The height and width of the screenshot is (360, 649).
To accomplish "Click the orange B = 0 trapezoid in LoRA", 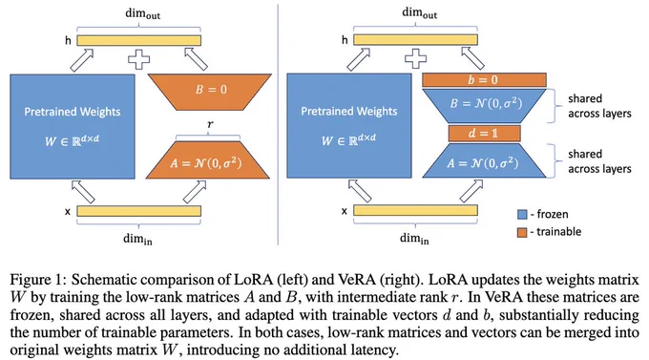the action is [210, 92].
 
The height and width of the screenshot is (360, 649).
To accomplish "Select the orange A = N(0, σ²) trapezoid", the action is [208, 160].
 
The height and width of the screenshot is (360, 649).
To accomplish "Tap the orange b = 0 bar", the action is [484, 80].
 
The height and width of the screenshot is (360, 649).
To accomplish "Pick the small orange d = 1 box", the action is [484, 134].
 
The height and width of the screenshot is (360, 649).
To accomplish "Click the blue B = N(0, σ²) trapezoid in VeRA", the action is [484, 106].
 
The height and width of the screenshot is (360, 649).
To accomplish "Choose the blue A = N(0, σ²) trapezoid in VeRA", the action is [484, 160].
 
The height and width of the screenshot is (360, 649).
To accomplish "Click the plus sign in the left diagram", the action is [138, 59].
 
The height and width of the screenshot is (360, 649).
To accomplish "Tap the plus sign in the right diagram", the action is [415, 59].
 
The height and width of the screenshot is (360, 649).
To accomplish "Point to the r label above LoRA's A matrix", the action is [210, 124].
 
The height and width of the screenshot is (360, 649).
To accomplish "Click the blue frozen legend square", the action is [522, 215].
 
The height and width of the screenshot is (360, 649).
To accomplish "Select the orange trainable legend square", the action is [522, 232].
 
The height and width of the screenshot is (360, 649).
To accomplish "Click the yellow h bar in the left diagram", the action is [138, 40].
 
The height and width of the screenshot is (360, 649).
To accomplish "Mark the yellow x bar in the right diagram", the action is [415, 210].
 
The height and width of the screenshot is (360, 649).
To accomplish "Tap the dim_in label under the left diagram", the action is [137, 240].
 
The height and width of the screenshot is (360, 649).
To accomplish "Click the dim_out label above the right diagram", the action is [419, 13].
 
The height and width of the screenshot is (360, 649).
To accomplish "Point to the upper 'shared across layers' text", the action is [599, 106].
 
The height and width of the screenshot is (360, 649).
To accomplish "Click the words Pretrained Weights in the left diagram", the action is [73, 112].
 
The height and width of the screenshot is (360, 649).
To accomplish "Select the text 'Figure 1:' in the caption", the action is [37, 280].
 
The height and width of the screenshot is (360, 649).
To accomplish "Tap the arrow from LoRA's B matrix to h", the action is [196, 58].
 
